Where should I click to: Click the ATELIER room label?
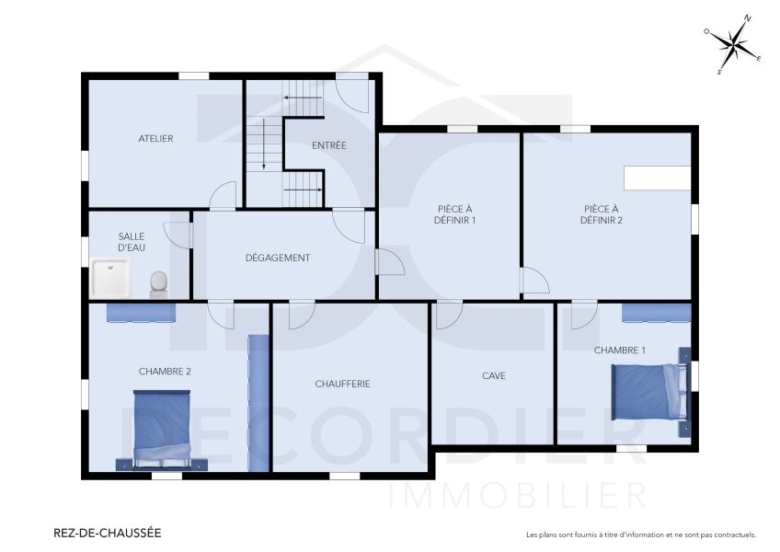pyautogui.click(x=155, y=139)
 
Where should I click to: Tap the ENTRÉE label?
pyautogui.click(x=328, y=145)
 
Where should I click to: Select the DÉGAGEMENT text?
pyautogui.click(x=277, y=258)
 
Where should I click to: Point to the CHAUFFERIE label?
pyautogui.click(x=342, y=384)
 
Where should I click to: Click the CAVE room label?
pyautogui.click(x=493, y=375)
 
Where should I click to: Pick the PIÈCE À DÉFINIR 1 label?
pyautogui.click(x=454, y=214)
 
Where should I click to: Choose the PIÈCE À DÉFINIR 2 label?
pyautogui.click(x=602, y=214)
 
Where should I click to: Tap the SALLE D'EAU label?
pyautogui.click(x=132, y=242)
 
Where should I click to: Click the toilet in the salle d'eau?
pyautogui.click(x=158, y=282)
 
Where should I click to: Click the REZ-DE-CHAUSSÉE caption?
pyautogui.click(x=108, y=533)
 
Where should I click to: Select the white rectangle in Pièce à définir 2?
pyautogui.click(x=657, y=178)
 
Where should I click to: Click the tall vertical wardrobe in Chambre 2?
pyautogui.click(x=258, y=403)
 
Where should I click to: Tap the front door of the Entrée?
pyautogui.click(x=352, y=92)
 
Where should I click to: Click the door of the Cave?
pyautogui.click(x=449, y=316)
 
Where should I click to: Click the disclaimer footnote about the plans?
pyautogui.click(x=640, y=535)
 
